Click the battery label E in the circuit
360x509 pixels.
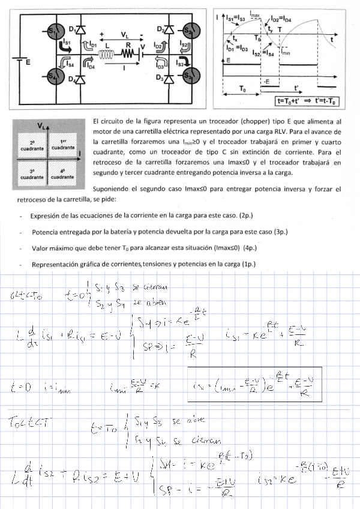28,62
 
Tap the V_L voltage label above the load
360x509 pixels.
124,34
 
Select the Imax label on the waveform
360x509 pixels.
255,14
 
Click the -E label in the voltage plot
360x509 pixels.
266,80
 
